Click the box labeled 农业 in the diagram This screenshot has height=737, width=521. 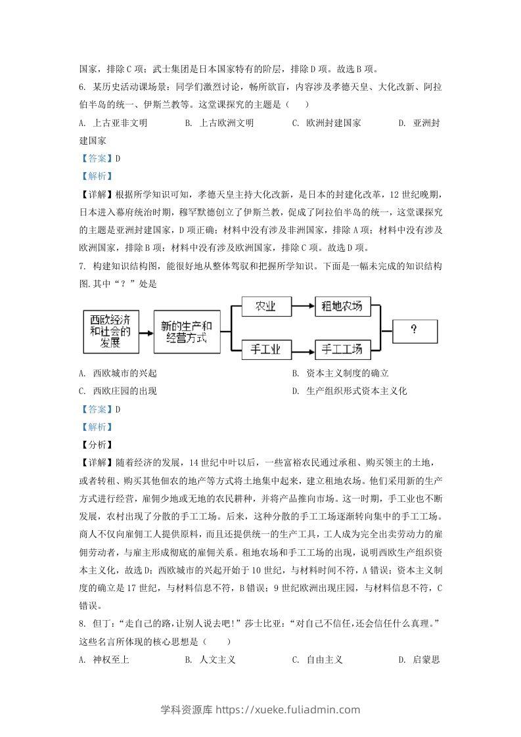tap(265, 305)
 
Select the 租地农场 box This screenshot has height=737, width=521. tap(343, 305)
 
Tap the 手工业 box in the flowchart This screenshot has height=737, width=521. tap(265, 349)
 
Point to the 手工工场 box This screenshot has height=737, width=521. tap(343, 349)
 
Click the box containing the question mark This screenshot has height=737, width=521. tap(414, 330)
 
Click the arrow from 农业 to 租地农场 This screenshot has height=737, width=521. tap(302, 305)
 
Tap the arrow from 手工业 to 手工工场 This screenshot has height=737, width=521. tap(302, 349)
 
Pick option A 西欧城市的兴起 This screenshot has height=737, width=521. tap(118, 373)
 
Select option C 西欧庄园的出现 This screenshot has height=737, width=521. tap(118, 391)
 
